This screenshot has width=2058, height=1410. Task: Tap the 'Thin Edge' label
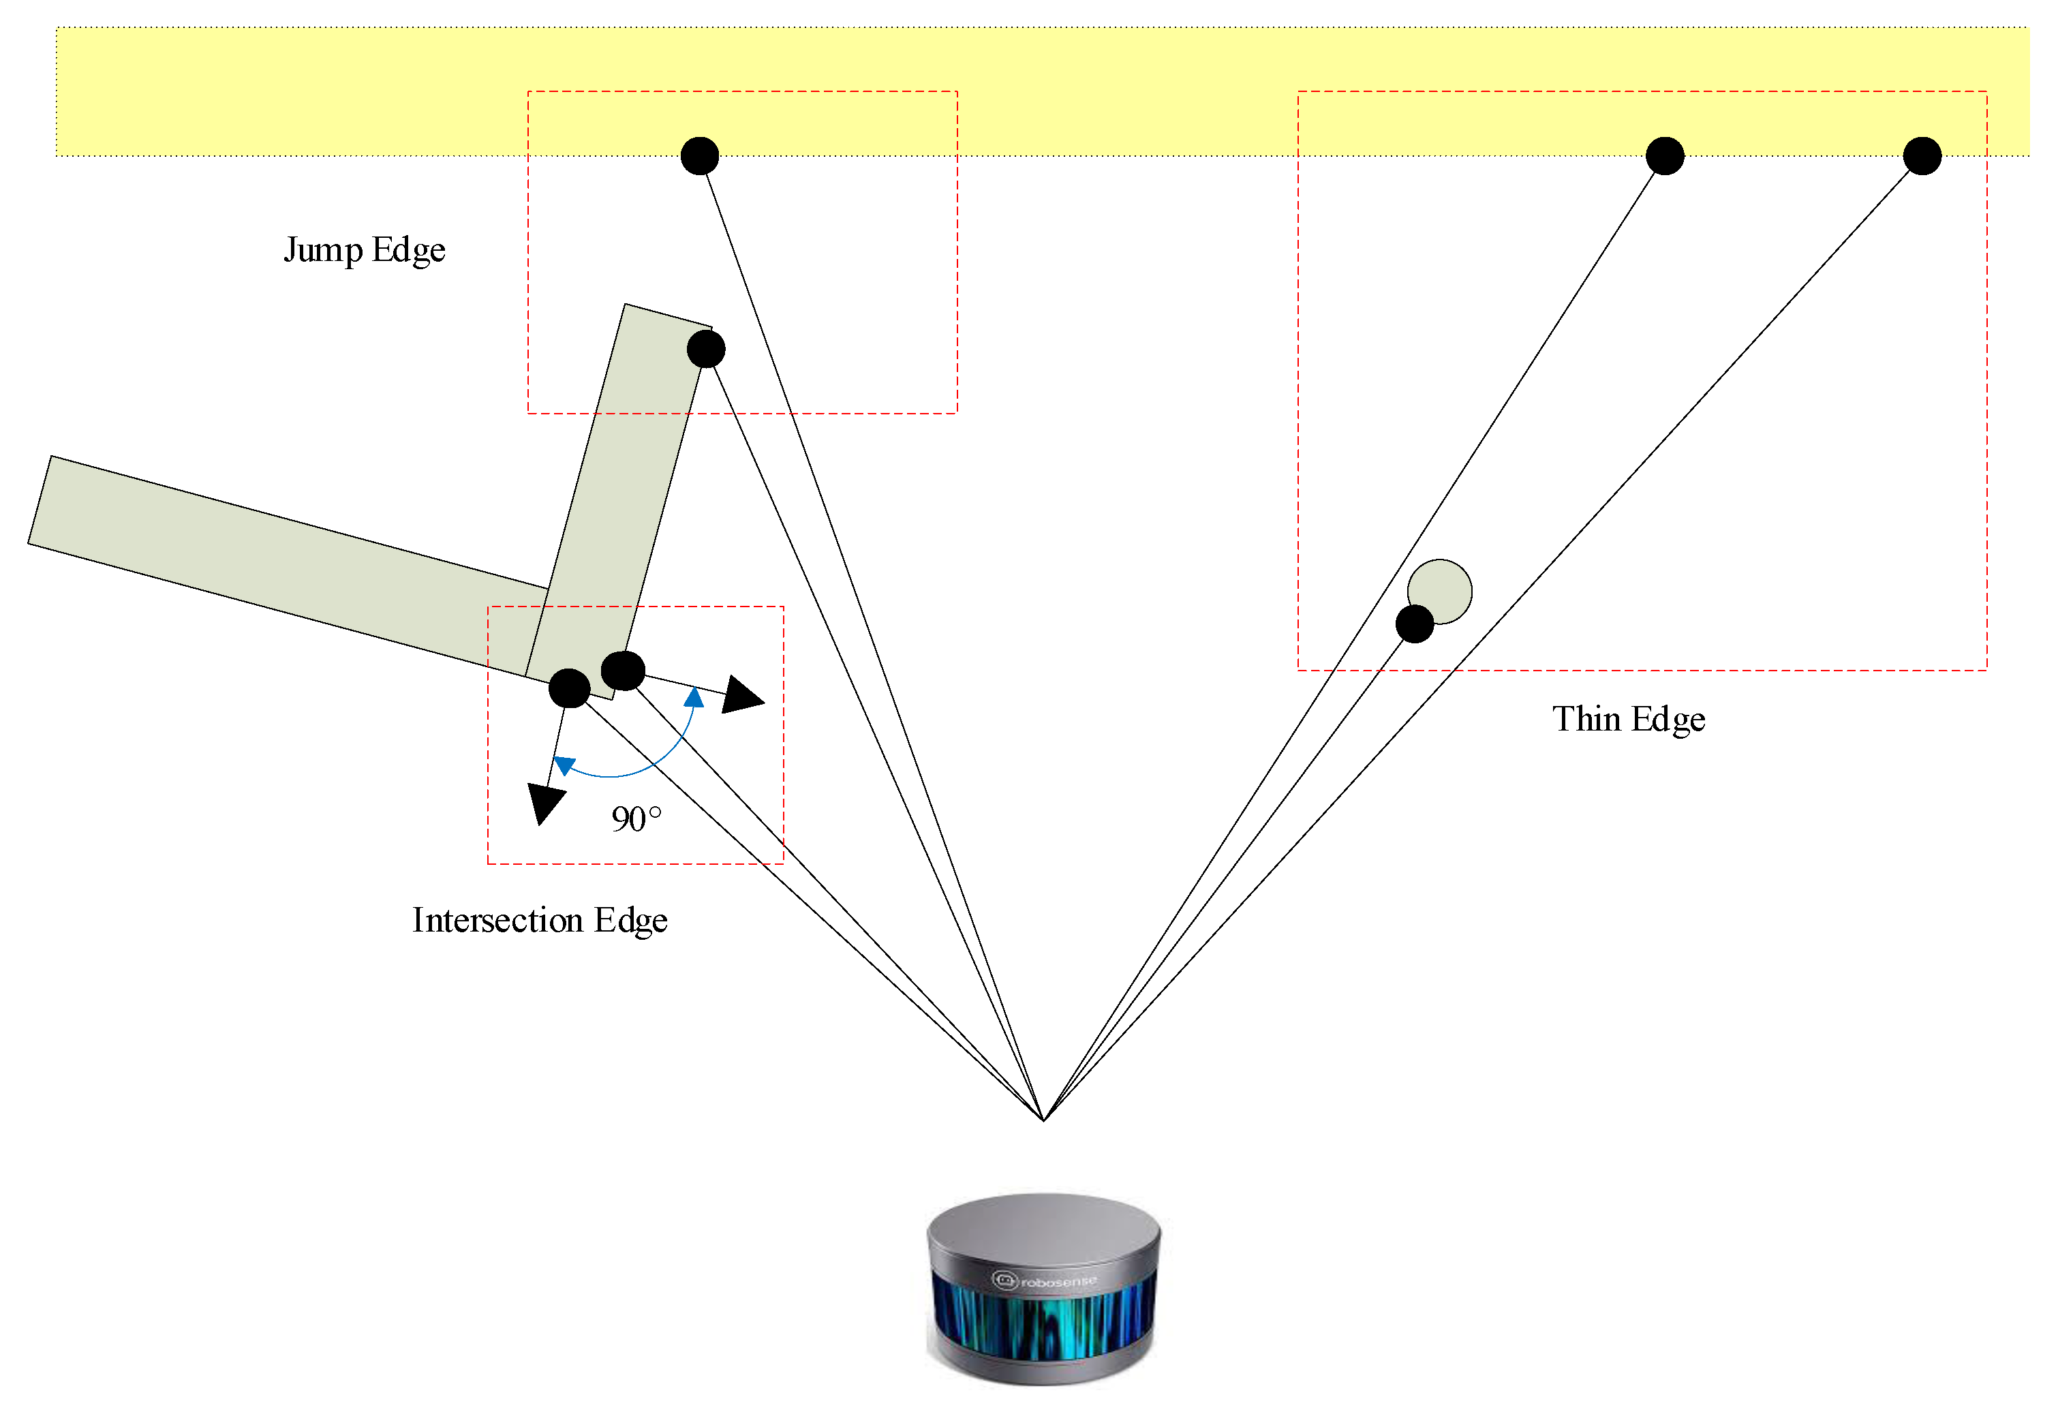(1627, 719)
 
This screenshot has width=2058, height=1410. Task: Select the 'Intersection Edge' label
(539, 920)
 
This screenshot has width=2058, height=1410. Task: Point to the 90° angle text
(636, 818)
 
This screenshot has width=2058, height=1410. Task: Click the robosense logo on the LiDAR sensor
(1044, 1281)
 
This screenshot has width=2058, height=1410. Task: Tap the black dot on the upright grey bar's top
(706, 349)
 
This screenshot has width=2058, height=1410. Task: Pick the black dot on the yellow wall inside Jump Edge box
(700, 156)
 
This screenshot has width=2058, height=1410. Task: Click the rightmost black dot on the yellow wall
(1922, 156)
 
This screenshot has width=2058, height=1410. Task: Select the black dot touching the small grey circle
(1414, 624)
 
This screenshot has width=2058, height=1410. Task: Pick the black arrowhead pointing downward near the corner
(544, 802)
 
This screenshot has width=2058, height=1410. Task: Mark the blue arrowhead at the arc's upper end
(695, 698)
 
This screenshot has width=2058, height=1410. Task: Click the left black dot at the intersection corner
(570, 688)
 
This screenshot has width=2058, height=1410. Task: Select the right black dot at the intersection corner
(623, 671)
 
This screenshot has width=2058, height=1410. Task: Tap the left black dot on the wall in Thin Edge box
(1665, 156)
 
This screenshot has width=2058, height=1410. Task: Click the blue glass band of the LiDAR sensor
(1044, 1328)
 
